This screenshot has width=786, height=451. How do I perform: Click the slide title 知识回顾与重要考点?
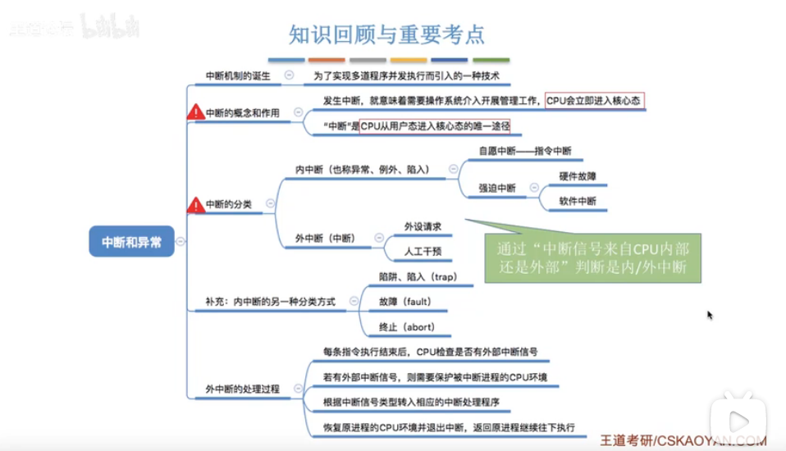pyautogui.click(x=387, y=34)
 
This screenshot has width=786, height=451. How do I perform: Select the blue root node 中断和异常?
pyautogui.click(x=131, y=242)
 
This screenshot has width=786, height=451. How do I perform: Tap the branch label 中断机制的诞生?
pyautogui.click(x=238, y=75)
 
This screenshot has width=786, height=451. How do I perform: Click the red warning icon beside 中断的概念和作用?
pyautogui.click(x=196, y=113)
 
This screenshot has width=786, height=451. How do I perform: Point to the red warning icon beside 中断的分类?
pyautogui.click(x=196, y=204)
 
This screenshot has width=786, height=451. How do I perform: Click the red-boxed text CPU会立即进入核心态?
pyautogui.click(x=594, y=100)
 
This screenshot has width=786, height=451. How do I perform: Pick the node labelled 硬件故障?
pyautogui.click(x=578, y=175)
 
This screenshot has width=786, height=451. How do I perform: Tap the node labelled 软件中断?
pyautogui.click(x=578, y=201)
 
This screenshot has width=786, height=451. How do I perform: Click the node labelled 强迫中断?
pyautogui.click(x=497, y=188)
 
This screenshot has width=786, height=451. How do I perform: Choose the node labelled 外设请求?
pyautogui.click(x=423, y=225)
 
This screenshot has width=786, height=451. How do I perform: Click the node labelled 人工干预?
pyautogui.click(x=423, y=251)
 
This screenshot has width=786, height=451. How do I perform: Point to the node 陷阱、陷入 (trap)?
pyautogui.click(x=417, y=277)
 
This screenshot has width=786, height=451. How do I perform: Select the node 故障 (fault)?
pyautogui.click(x=404, y=302)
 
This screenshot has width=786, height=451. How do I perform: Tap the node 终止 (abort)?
pyautogui.click(x=405, y=326)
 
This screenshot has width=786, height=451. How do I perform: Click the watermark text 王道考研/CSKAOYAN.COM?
pyautogui.click(x=683, y=440)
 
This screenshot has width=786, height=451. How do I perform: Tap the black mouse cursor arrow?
pyautogui.click(x=710, y=315)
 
